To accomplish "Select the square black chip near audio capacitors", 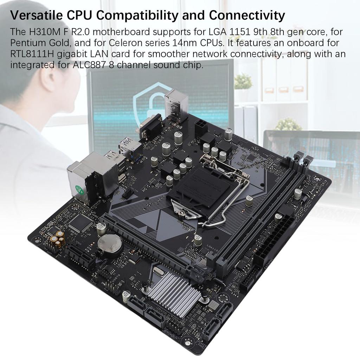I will (x=81, y=223).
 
